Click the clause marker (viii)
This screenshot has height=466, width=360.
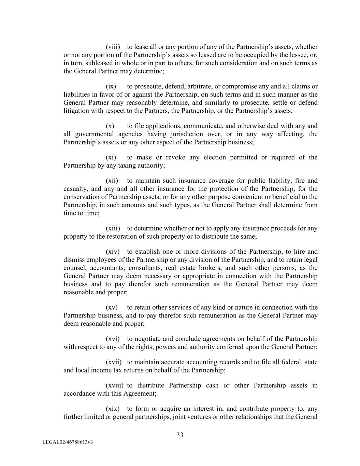pyautogui.click(x=113, y=47)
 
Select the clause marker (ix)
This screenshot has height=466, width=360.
pyautogui.click(x=111, y=86)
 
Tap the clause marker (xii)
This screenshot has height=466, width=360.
pyautogui.click(x=112, y=181)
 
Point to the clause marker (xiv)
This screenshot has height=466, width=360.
pyautogui.click(x=113, y=252)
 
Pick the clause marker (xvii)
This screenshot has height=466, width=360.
pyautogui.click(x=114, y=362)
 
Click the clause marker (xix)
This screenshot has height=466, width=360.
pyautogui.click(x=113, y=409)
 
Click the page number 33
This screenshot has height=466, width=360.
pyautogui.click(x=180, y=435)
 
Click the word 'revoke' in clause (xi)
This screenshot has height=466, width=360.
pyautogui.click(x=176, y=157)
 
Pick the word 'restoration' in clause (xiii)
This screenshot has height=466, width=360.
pyautogui.click(x=122, y=237)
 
